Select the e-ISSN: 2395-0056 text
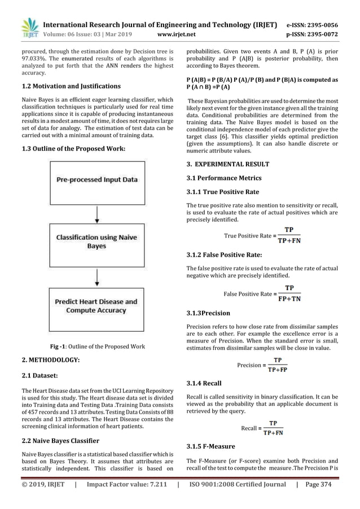[318, 25]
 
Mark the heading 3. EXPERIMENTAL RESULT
[228, 164]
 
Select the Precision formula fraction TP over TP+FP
[278, 365]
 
